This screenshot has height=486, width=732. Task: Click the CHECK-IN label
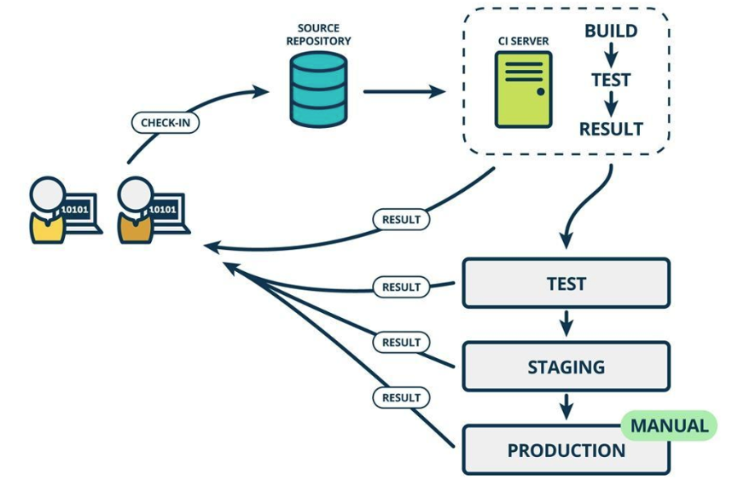[166, 123]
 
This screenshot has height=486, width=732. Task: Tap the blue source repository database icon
[318, 89]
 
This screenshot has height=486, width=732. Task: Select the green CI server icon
[523, 89]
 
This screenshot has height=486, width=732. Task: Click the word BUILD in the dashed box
[611, 31]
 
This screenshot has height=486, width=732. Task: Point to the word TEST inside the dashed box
[611, 80]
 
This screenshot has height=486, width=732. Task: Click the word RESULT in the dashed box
[611, 129]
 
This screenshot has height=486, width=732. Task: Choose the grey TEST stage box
[566, 283]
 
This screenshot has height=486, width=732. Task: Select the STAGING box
[566, 367]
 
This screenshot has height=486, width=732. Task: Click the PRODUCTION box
[566, 449]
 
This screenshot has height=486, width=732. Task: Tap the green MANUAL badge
[669, 425]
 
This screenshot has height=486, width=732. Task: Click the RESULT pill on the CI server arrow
[401, 219]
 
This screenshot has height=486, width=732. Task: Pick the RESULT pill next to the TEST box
[401, 286]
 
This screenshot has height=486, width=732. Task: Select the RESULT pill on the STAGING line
[401, 343]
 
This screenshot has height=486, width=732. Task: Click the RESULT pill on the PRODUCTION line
[401, 397]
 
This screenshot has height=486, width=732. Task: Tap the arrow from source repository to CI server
[404, 91]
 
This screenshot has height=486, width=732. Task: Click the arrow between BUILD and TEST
[611, 55]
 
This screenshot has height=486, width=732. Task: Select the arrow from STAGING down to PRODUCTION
[566, 407]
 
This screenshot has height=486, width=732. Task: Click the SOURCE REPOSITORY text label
[318, 34]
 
